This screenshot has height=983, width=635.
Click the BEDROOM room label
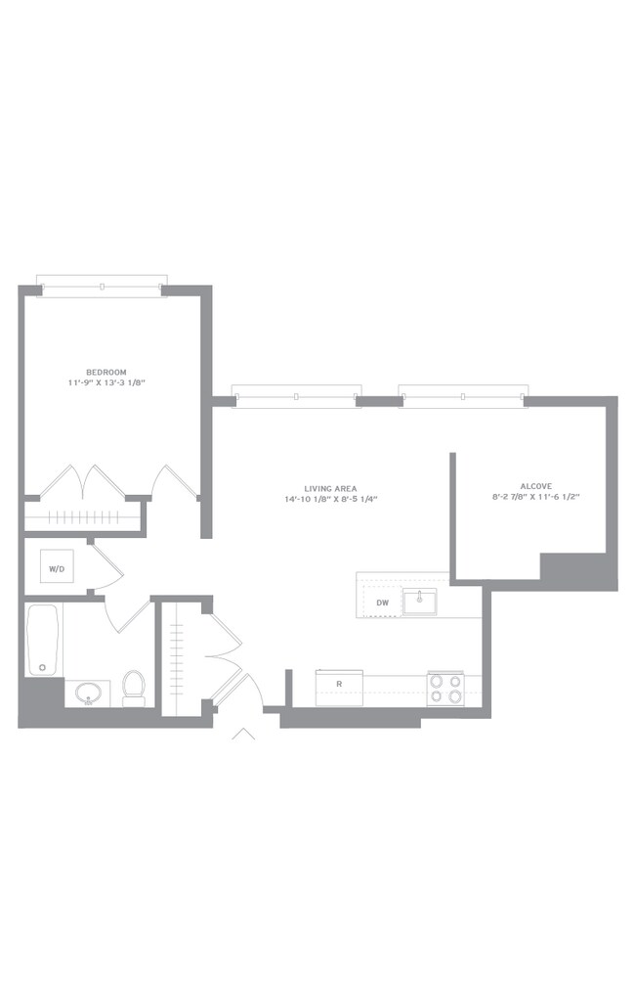pos(106,372)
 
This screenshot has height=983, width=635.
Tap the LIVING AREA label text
pos(330,488)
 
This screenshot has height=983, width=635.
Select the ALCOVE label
pos(536,486)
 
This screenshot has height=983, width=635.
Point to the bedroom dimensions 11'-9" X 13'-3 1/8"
pos(106,382)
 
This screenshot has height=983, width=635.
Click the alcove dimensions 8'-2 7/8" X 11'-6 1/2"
pos(536,497)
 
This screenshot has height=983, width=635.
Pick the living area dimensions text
pos(330,499)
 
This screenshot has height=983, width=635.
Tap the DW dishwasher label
pos(383,603)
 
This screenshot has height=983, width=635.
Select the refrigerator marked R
pos(339,688)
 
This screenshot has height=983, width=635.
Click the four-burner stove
pos(445,689)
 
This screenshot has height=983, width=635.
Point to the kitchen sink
pos(419,602)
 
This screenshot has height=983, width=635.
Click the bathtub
pos(43,640)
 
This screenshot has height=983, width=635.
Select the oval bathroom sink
pos(88,693)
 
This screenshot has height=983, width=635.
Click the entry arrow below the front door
pos(243,735)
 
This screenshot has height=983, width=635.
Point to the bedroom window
pos(102,286)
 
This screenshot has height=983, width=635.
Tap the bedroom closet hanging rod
pos(85,516)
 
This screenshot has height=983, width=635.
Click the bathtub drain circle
pos(43,667)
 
